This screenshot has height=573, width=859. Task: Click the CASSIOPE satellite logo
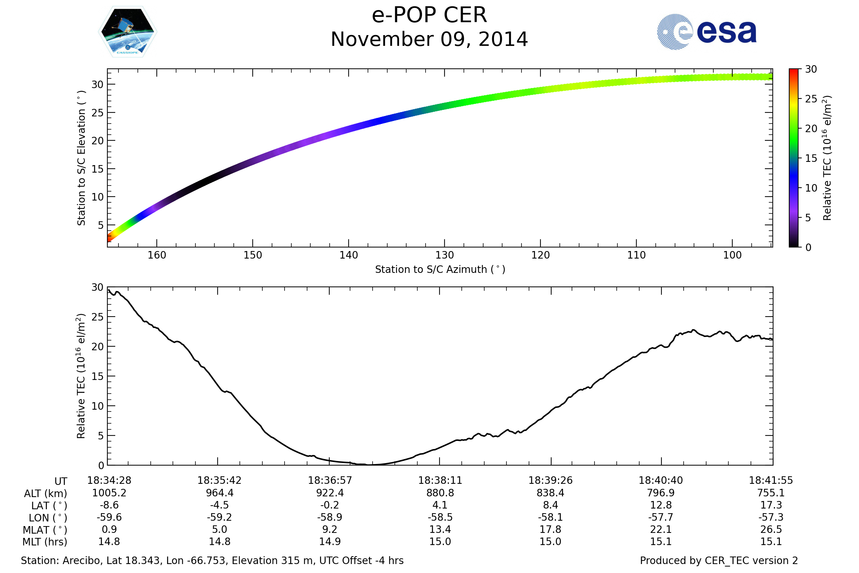click(127, 32)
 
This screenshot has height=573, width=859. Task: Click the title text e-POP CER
click(429, 15)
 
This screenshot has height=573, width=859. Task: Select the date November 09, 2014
click(429, 39)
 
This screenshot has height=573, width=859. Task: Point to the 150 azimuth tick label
click(253, 255)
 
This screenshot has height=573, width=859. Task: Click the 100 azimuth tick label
click(732, 255)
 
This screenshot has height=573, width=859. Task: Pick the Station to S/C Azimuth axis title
click(440, 270)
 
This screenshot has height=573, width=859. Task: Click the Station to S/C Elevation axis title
click(81, 158)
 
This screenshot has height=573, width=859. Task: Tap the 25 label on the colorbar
click(811, 99)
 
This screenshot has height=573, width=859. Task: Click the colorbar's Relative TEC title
click(827, 158)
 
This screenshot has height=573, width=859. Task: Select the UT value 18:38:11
click(440, 481)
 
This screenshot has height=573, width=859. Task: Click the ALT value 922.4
click(330, 493)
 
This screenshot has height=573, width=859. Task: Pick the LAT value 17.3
click(771, 505)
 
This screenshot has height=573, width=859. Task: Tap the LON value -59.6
click(109, 517)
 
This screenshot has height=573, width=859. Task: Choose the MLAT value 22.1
click(661, 530)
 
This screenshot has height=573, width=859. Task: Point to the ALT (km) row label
click(46, 494)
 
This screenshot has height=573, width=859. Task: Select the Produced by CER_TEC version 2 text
click(719, 561)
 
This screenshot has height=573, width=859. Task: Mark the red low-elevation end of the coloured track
click(109, 239)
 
